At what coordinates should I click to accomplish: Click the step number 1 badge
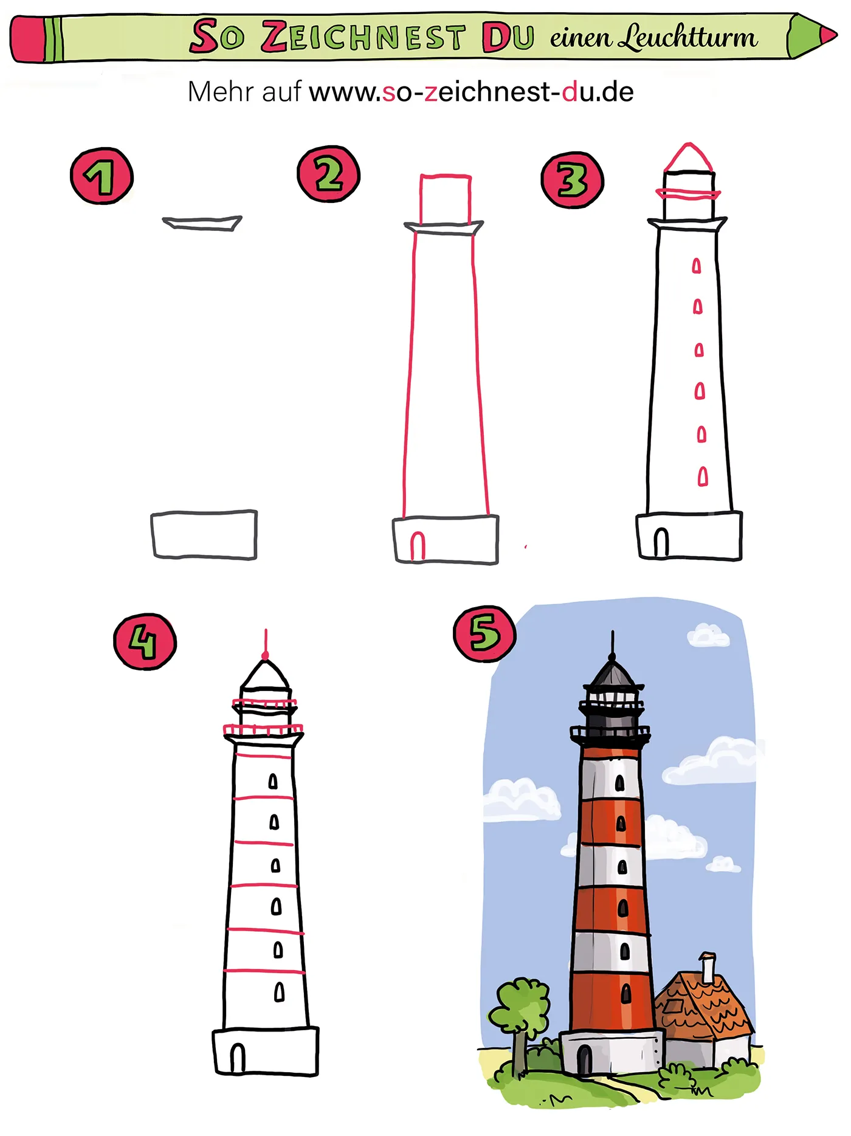[102, 176]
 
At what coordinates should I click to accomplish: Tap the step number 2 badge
[328, 174]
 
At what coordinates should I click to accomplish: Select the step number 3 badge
[572, 181]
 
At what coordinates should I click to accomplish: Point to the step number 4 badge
[145, 642]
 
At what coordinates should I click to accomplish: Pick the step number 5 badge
[484, 634]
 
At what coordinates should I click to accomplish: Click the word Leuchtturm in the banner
[687, 38]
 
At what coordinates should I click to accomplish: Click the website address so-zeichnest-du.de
[471, 92]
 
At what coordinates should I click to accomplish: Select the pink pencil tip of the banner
[827, 35]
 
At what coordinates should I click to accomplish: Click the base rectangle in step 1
[204, 535]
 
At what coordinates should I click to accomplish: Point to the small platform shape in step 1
[202, 223]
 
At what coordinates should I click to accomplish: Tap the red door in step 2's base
[418, 546]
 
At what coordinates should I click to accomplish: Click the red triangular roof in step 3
[688, 159]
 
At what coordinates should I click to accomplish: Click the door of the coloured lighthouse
[584, 1059]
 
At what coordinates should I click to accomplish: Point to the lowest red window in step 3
[703, 476]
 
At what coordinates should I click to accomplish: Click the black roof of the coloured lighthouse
[613, 673]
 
